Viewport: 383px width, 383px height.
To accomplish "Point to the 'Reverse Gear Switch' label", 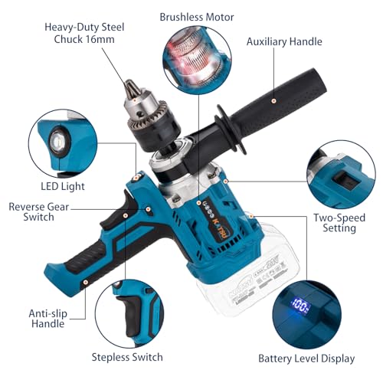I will coord(42,211).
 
